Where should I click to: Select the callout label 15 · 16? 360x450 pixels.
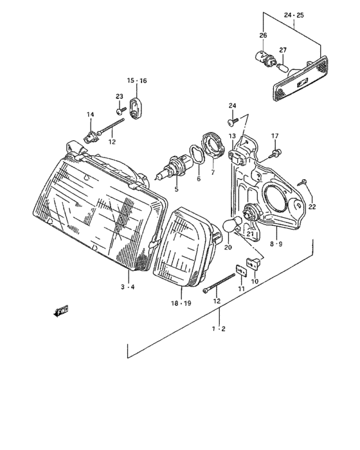(x=136, y=81)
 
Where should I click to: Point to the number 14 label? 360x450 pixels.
(x=90, y=114)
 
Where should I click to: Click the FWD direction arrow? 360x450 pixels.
(x=62, y=312)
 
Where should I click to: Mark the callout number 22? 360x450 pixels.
(x=312, y=206)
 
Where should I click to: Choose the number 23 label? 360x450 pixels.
(x=119, y=96)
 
